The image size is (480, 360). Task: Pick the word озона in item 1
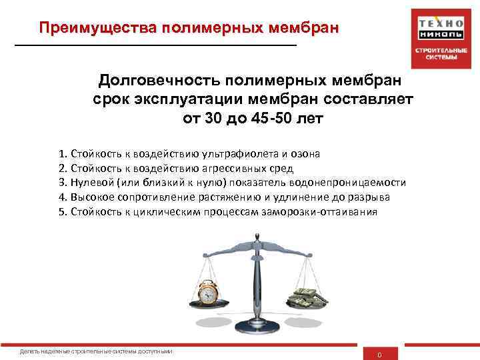tap(305, 153)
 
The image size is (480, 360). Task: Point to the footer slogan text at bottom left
tap(97, 351)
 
